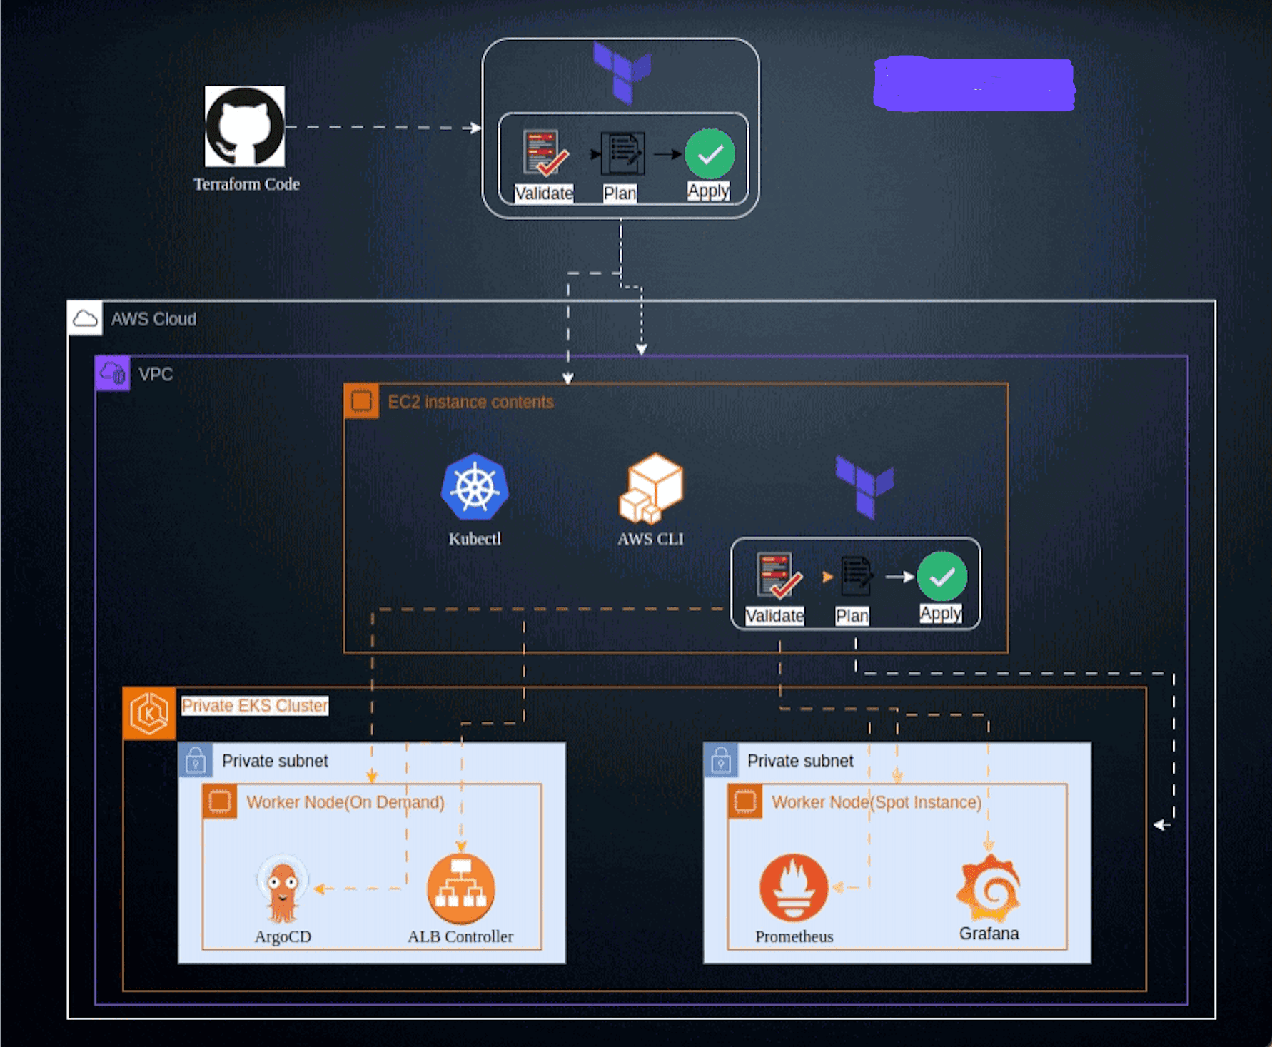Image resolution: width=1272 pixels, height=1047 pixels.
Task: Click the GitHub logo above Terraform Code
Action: click(x=245, y=126)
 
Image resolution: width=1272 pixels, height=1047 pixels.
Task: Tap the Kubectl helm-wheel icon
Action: click(x=475, y=487)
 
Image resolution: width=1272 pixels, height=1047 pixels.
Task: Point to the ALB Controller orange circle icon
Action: click(x=461, y=889)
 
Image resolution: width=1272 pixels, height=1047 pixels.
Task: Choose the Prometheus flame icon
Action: click(x=794, y=888)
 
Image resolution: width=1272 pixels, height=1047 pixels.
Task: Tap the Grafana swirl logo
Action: click(x=989, y=888)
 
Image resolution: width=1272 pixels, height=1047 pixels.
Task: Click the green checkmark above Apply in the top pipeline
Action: click(x=710, y=153)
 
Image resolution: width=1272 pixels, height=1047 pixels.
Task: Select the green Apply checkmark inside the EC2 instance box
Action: click(x=942, y=576)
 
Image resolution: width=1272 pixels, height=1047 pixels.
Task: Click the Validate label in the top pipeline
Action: click(x=544, y=193)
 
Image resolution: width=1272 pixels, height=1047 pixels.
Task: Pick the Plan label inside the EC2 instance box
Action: click(x=852, y=616)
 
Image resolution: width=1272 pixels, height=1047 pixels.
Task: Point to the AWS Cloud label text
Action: click(x=153, y=319)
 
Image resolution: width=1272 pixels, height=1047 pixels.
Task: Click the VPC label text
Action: click(x=156, y=374)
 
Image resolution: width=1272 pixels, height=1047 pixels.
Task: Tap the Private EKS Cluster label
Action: click(x=255, y=706)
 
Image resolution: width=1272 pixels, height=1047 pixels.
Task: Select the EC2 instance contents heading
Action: click(x=470, y=402)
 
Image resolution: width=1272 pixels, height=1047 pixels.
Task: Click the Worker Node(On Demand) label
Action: click(x=345, y=802)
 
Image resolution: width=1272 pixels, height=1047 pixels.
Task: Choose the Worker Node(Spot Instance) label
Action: click(x=877, y=802)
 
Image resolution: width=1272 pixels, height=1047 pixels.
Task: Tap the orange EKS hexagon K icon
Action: click(x=149, y=713)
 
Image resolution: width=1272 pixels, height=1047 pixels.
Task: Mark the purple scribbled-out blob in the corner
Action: click(x=974, y=84)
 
